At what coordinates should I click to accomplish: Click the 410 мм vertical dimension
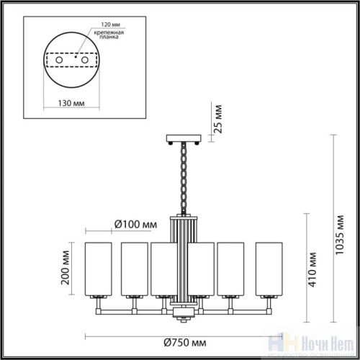(x=313, y=269)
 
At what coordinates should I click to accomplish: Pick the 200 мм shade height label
(x=66, y=266)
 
